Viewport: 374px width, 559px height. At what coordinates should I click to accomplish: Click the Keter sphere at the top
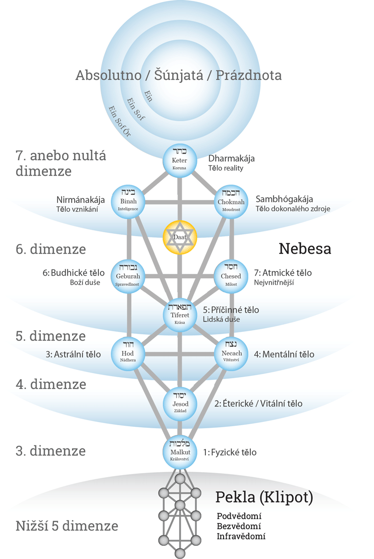[x=180, y=161]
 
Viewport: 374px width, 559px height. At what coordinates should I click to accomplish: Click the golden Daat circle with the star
[x=180, y=237]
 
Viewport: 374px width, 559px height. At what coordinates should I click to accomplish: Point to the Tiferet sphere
[x=180, y=315]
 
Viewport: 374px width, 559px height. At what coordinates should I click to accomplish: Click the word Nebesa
[x=304, y=248]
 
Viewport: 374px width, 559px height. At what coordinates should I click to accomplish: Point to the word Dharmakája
[x=232, y=158]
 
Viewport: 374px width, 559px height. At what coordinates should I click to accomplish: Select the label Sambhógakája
[x=284, y=198]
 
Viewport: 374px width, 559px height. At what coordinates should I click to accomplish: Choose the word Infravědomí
[x=241, y=536]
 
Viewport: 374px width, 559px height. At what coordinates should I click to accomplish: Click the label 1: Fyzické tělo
[x=229, y=452]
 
